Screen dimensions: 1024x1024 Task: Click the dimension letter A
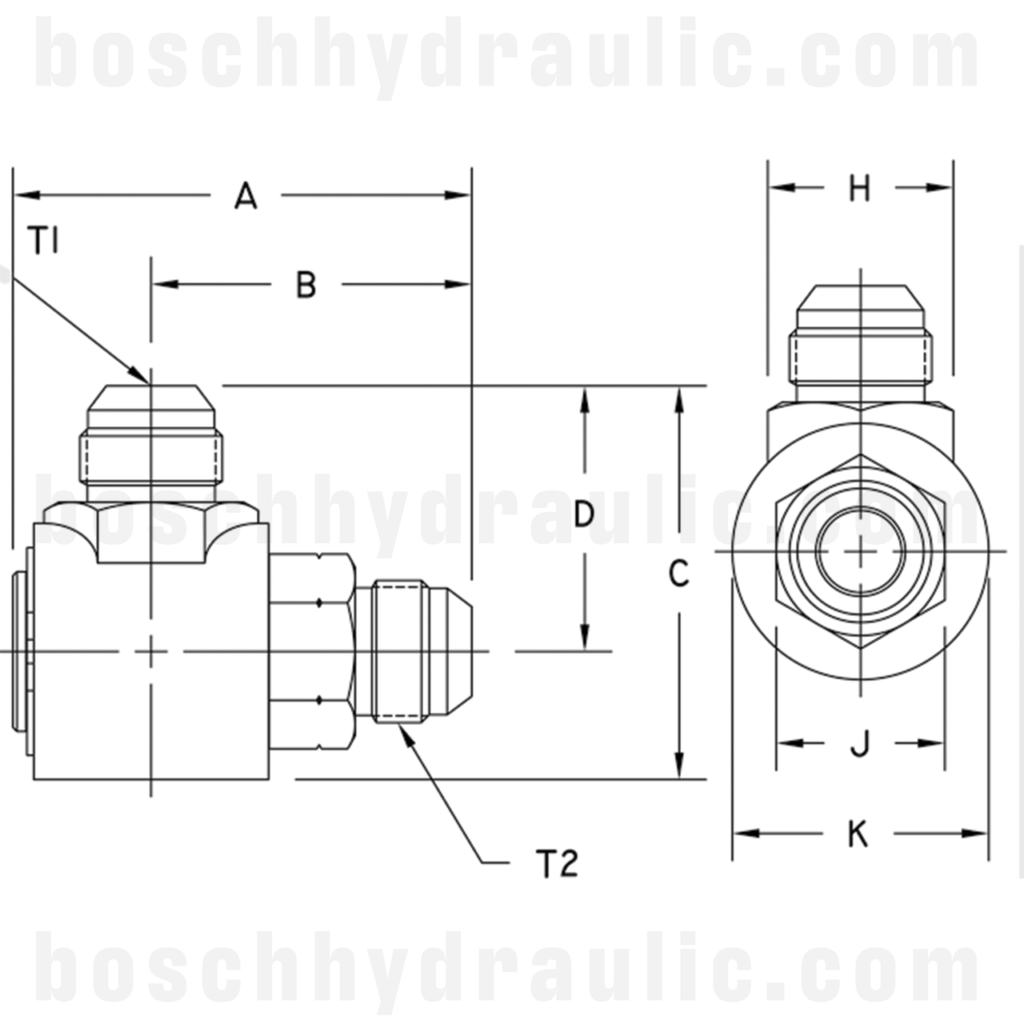point(246,195)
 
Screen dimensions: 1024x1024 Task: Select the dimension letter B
point(306,285)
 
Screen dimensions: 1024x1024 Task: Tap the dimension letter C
point(678,574)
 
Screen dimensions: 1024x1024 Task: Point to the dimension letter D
point(584,514)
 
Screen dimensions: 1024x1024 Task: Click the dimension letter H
point(859,188)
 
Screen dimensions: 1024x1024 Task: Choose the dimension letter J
point(860,743)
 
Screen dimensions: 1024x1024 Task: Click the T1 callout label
point(44,240)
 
